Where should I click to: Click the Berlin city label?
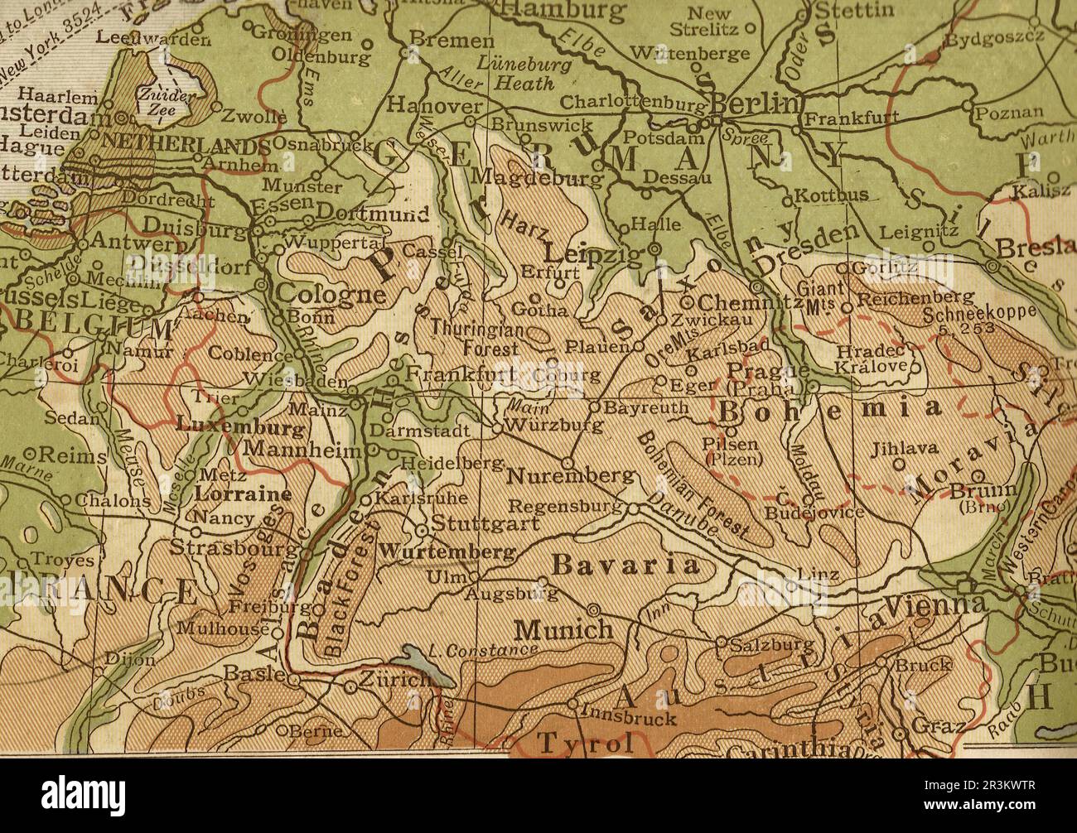(756, 104)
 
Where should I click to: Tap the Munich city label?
(563, 630)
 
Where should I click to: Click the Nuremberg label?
(571, 476)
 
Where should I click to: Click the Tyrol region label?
(587, 743)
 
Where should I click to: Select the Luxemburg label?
(240, 428)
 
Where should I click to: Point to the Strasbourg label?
(232, 548)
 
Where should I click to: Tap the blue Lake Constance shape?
(428, 666)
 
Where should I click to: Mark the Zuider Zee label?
(166, 100)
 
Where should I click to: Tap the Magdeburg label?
(537, 177)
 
